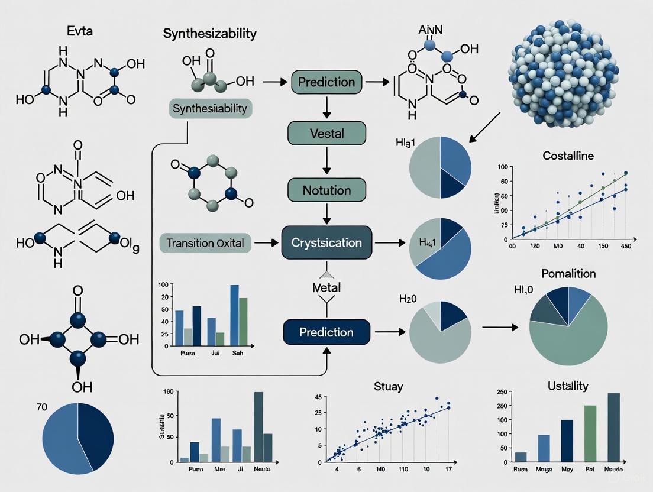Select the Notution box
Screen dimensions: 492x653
(x=326, y=190)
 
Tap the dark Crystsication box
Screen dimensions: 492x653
(x=326, y=242)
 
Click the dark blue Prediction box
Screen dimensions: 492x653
(x=326, y=332)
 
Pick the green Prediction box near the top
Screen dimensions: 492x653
(x=326, y=82)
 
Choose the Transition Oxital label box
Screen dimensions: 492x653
(x=205, y=242)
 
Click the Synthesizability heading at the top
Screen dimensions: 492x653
(x=209, y=34)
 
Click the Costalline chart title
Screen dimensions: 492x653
(x=568, y=156)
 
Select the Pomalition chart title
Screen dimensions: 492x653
(x=568, y=274)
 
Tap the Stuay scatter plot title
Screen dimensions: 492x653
(x=388, y=387)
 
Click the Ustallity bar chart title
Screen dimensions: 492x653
(x=568, y=386)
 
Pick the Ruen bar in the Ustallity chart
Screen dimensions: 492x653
(x=521, y=457)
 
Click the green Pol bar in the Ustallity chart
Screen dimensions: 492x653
(x=590, y=433)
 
